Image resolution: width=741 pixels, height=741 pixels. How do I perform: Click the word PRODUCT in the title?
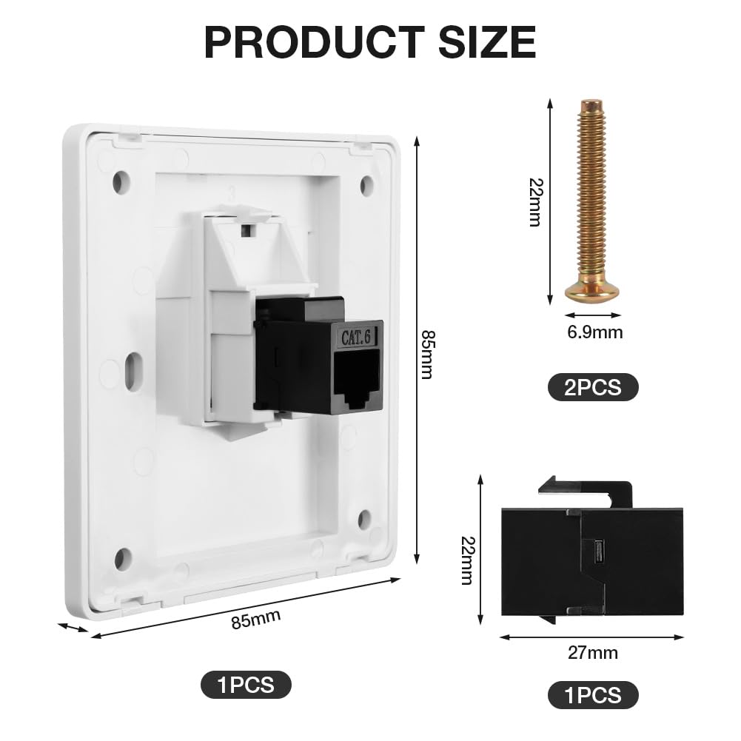click(315, 41)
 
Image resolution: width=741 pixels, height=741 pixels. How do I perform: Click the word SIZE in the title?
click(487, 41)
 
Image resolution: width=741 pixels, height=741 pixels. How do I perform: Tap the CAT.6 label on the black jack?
click(356, 338)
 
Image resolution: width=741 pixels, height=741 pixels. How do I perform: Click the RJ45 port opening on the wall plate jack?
click(357, 380)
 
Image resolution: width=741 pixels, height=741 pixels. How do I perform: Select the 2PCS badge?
click(593, 387)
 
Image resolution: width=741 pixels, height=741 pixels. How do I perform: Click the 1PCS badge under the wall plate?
click(246, 684)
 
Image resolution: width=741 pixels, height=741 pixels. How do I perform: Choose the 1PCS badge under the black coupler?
click(593, 695)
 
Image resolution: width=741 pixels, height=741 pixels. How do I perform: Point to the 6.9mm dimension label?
click(595, 332)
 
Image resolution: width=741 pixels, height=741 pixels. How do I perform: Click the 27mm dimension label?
click(593, 653)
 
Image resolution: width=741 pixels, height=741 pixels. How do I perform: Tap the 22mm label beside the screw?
click(536, 202)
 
